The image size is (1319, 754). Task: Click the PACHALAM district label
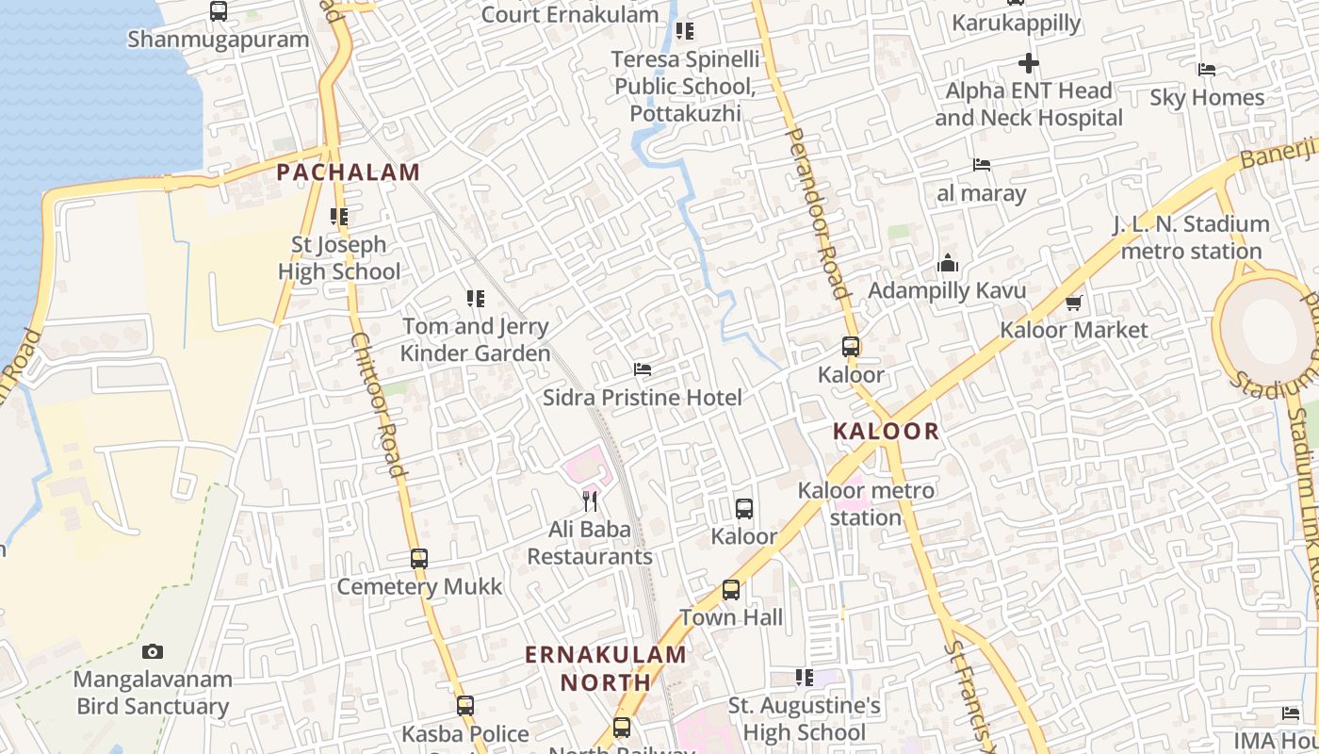pyautogui.click(x=348, y=172)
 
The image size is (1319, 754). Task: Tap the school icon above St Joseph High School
pyautogui.click(x=339, y=217)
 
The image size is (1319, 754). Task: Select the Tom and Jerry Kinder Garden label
pyautogui.click(x=475, y=340)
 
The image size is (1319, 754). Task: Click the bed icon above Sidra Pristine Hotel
pyautogui.click(x=643, y=369)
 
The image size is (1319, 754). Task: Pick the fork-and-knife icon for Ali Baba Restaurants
pyautogui.click(x=590, y=500)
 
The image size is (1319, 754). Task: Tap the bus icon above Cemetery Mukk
pyautogui.click(x=419, y=558)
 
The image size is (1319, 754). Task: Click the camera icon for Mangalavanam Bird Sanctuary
pyautogui.click(x=153, y=651)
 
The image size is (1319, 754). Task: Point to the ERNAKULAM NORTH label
pyautogui.click(x=606, y=668)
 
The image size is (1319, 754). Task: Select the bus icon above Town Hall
pyautogui.click(x=731, y=590)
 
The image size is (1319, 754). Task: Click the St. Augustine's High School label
pyautogui.click(x=804, y=719)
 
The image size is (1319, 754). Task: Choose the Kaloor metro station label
pyautogui.click(x=866, y=503)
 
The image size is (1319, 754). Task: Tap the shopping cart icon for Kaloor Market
pyautogui.click(x=1073, y=303)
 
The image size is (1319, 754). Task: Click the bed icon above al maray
pyautogui.click(x=982, y=165)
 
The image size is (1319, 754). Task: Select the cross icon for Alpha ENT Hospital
pyautogui.click(x=1029, y=63)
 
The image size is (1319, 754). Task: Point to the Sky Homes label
pyautogui.click(x=1207, y=97)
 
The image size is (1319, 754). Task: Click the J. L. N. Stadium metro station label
pyautogui.click(x=1191, y=238)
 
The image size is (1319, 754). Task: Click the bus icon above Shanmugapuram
pyautogui.click(x=219, y=11)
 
